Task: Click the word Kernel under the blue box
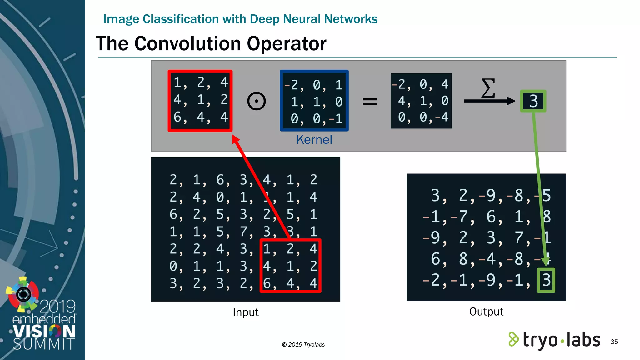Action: pyautogui.click(x=314, y=140)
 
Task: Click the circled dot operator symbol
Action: pyautogui.click(x=256, y=101)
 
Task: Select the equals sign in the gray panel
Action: pyautogui.click(x=370, y=101)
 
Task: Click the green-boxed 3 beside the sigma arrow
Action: pyautogui.click(x=533, y=101)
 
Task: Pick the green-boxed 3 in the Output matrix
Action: pyautogui.click(x=546, y=280)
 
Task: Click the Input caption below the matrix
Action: pyautogui.click(x=246, y=312)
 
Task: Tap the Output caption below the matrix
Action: pyautogui.click(x=486, y=312)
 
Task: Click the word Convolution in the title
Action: pyautogui.click(x=187, y=43)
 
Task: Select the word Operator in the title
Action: pyautogui.click(x=287, y=43)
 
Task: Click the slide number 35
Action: pyautogui.click(x=614, y=342)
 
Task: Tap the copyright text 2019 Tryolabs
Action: pyautogui.click(x=303, y=345)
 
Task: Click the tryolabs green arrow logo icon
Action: pyautogui.click(x=513, y=339)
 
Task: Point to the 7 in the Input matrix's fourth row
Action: pyautogui.click(x=244, y=232)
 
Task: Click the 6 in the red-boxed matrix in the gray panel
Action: pyautogui.click(x=177, y=117)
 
